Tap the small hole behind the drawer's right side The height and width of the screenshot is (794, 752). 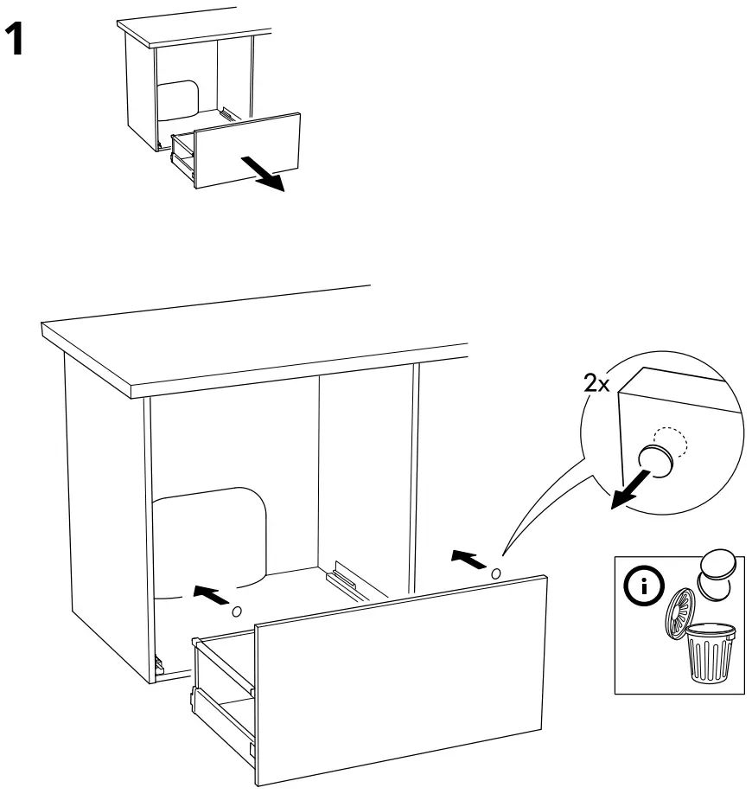coord(495,573)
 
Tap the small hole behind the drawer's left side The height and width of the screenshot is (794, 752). coord(236,612)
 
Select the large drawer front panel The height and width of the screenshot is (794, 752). coord(402,675)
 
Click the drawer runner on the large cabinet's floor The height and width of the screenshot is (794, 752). coord(343,577)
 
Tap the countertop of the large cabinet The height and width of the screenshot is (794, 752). coord(251,346)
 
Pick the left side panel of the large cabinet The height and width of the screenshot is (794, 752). coord(104,510)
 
